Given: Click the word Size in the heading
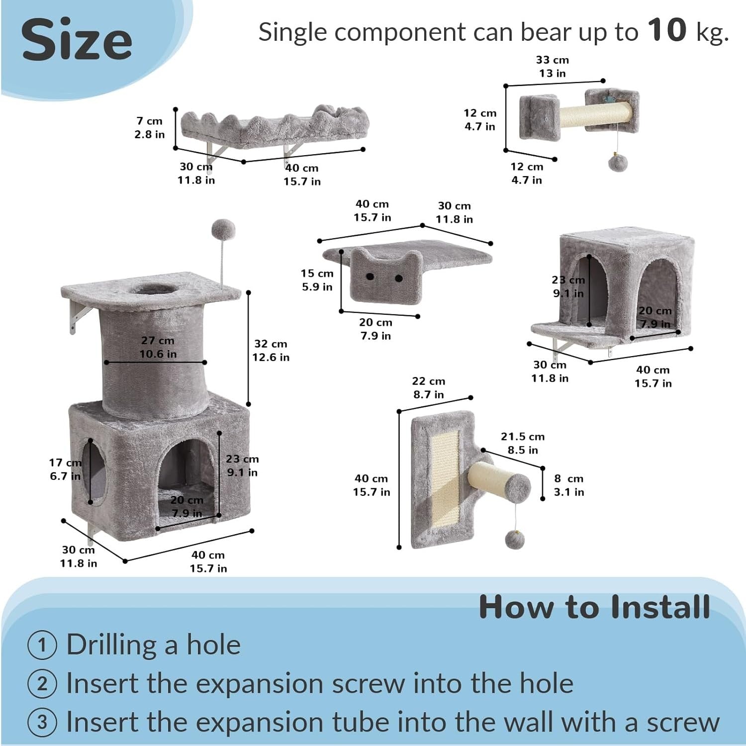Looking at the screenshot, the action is point(77,40).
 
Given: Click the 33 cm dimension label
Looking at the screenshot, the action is point(553,60).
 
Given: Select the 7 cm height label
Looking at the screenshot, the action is point(149,121).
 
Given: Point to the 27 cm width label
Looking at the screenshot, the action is point(158,341).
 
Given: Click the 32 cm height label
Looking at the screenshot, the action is point(271,344).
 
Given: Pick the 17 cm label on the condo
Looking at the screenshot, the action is point(65,463).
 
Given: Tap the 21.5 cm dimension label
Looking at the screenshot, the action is point(523,437).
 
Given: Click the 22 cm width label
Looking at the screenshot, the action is point(428,381).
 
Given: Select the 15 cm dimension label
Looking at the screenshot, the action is point(317,274).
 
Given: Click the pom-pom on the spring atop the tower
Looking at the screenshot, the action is point(223,229).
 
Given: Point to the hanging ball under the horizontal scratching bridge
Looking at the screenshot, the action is point(617,162).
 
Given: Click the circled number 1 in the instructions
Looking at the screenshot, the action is point(42,645).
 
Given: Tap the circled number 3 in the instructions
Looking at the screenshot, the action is point(42,722).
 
